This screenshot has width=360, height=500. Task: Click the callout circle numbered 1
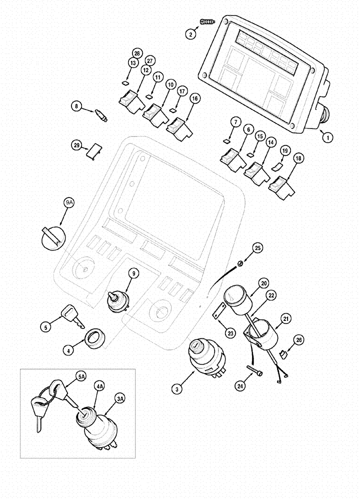(x=328, y=135)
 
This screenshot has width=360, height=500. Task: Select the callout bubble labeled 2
(x=190, y=34)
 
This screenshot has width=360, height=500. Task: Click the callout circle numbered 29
(x=76, y=145)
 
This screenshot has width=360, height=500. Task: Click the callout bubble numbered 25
(x=257, y=247)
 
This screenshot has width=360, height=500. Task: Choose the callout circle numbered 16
(x=194, y=99)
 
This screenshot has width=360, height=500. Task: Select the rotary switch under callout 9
(x=118, y=300)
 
